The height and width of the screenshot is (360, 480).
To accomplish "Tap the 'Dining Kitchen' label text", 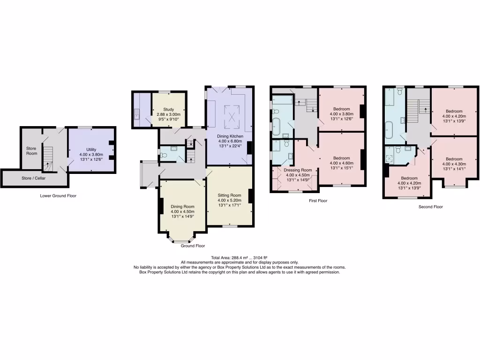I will (x=229, y=136).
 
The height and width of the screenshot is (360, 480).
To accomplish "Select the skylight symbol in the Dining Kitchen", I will (x=231, y=116).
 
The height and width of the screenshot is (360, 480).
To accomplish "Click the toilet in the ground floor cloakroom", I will (x=163, y=154).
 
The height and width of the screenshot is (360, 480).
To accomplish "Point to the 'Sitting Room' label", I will (x=229, y=195).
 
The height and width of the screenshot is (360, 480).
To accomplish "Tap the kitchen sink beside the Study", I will (x=136, y=114).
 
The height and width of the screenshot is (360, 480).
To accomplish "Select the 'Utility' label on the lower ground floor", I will (x=91, y=150).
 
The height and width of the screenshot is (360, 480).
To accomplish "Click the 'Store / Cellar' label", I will (x=33, y=178).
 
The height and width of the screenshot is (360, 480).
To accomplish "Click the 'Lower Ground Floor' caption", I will (x=58, y=196).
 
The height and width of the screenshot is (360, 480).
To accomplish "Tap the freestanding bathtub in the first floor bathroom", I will (x=276, y=127).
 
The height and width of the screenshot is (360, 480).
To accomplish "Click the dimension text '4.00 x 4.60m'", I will (x=341, y=163).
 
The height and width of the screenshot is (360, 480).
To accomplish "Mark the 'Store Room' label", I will (x=31, y=150).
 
